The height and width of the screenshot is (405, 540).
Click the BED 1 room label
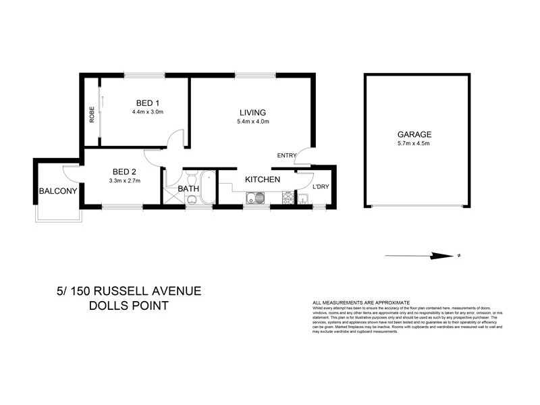tap(148, 103)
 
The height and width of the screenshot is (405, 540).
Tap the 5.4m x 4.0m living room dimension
tap(253, 122)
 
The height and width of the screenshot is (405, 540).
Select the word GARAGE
tap(414, 134)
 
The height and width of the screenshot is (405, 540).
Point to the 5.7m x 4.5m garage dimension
tap(414, 144)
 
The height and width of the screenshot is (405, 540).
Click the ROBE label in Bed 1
tap(92, 115)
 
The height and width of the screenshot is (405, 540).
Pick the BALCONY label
tap(57, 191)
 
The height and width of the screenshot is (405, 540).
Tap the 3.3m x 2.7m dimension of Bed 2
tap(124, 181)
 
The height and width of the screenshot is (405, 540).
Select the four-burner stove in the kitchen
tap(287, 198)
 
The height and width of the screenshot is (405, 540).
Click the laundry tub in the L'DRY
tap(304, 198)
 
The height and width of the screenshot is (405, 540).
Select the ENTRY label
tap(287, 156)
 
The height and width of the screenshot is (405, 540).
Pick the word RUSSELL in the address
tap(126, 292)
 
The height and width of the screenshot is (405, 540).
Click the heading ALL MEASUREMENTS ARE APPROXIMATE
tap(360, 302)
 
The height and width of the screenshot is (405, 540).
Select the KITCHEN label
tap(262, 180)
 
